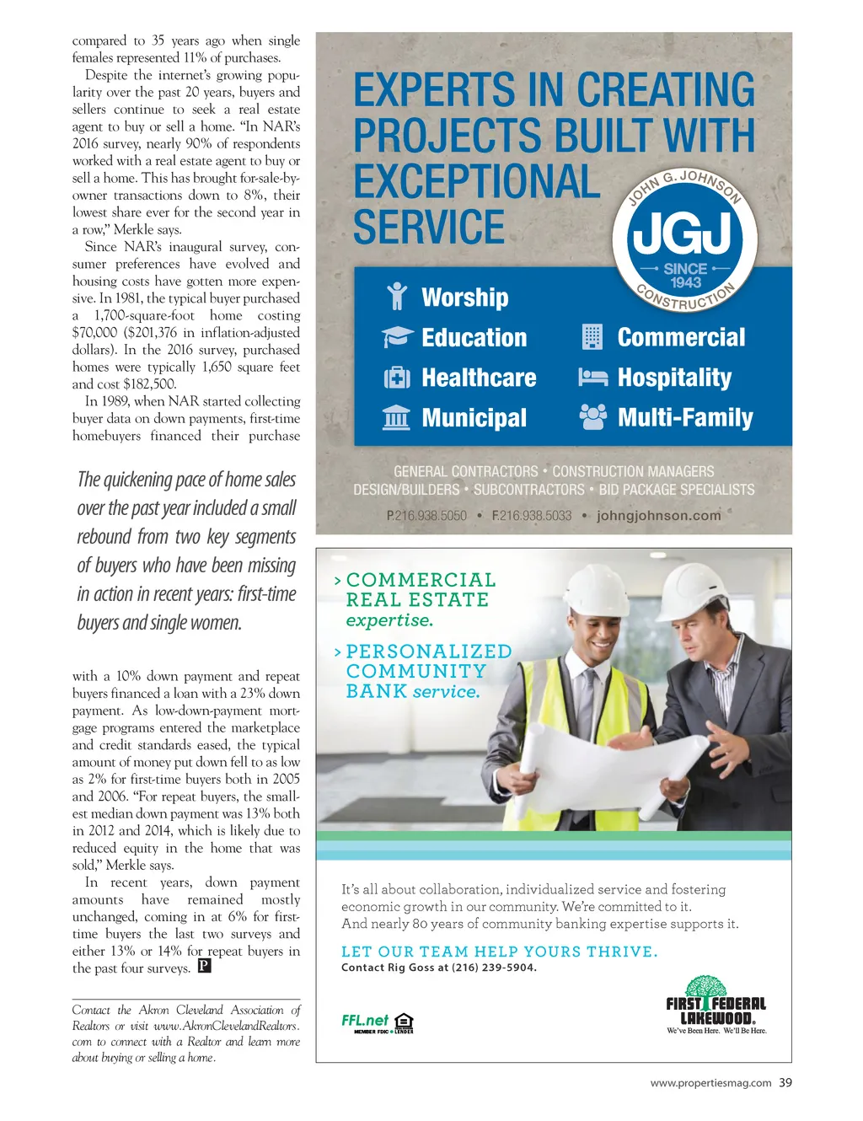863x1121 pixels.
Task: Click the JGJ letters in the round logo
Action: click(x=682, y=234)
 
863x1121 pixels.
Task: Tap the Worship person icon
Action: click(x=396, y=297)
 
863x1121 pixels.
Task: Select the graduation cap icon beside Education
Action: click(x=397, y=337)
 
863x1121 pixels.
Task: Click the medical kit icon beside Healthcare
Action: click(x=397, y=378)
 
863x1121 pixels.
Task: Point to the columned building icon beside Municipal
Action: click(x=396, y=417)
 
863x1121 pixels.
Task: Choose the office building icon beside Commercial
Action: click(x=592, y=337)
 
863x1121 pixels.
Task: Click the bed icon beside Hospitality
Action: click(x=592, y=377)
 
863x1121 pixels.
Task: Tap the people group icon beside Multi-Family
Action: click(x=592, y=416)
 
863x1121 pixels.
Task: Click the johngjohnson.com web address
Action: click(x=658, y=515)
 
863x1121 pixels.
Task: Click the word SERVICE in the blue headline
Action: click(x=429, y=227)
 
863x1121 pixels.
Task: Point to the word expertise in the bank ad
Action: click(x=389, y=620)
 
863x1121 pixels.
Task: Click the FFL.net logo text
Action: click(x=365, y=1020)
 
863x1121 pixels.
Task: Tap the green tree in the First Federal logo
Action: click(x=706, y=986)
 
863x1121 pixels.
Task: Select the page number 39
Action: click(x=785, y=1083)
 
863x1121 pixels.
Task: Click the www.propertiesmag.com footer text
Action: click(x=710, y=1083)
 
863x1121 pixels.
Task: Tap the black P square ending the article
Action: click(x=204, y=965)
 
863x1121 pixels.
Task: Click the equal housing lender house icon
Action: click(x=404, y=1022)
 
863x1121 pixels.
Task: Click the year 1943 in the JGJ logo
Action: click(x=685, y=282)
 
